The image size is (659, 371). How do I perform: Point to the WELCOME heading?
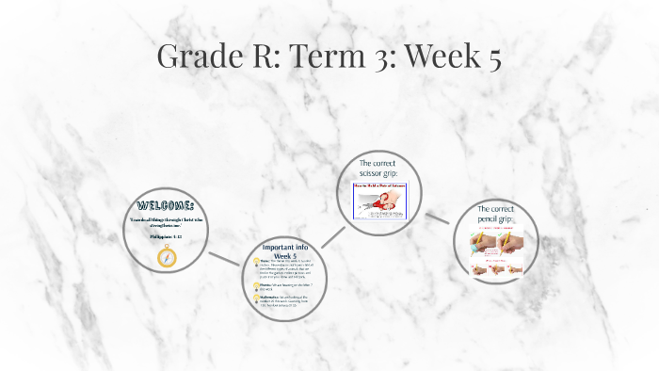[166, 205]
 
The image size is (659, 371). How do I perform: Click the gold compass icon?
[167, 257]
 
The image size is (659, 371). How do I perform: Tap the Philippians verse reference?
[166, 237]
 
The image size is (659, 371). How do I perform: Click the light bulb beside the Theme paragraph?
[256, 265]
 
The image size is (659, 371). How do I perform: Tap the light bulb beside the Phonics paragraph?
[256, 283]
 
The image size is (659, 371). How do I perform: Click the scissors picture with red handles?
[378, 200]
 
